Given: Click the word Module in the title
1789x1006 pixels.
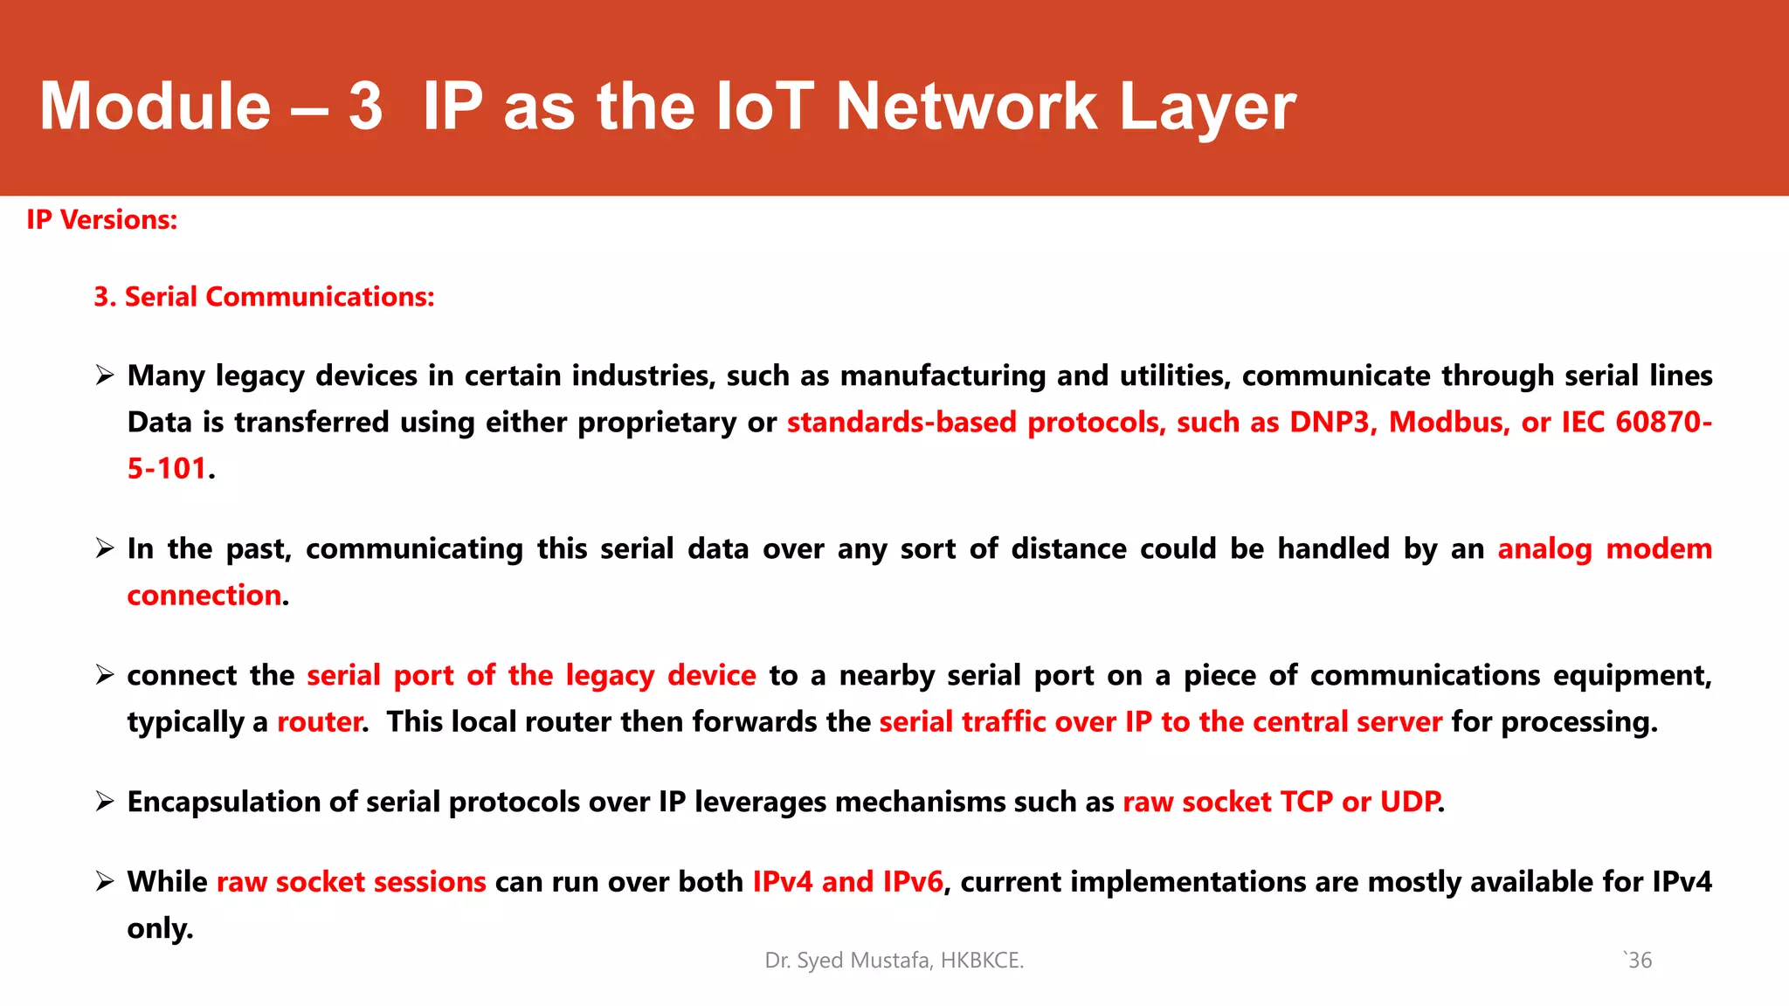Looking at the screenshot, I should tap(155, 107).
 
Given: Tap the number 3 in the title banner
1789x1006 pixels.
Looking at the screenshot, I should tap(365, 107).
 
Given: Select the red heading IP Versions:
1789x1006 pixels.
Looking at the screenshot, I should tap(101, 220).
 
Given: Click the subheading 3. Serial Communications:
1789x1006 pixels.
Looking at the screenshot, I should tap(264, 297).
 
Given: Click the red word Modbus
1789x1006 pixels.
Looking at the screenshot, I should tap(1448, 423).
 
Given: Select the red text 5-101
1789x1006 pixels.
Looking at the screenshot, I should tap(167, 469).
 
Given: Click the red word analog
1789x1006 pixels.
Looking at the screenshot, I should tap(1544, 549).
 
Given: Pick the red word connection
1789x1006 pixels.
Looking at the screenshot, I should tap(204, 596).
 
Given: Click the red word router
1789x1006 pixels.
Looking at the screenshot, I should tap(319, 722).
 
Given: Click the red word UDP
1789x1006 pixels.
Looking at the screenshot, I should tap(1408, 802).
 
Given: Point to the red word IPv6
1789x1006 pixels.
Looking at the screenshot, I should tap(912, 882).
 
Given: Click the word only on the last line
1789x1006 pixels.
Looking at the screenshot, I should tap(159, 928).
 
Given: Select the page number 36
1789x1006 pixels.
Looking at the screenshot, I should tap(1640, 961).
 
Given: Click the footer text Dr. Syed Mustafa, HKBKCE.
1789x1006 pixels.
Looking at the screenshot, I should tap(894, 961).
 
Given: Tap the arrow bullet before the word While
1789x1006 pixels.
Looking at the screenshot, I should tap(105, 882).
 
